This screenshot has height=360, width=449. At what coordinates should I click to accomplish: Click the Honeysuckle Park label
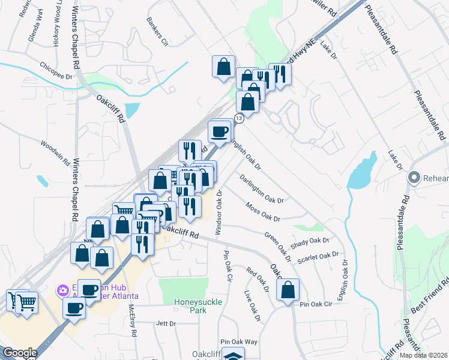190,306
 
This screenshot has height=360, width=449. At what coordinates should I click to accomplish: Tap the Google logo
20,353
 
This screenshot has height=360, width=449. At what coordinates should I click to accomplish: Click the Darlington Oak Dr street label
261,188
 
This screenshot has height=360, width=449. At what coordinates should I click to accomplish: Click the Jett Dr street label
165,323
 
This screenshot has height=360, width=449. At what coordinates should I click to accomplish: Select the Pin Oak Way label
238,341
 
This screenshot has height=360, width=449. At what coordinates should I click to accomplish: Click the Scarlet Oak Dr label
318,256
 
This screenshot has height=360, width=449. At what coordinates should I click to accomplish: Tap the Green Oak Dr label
277,246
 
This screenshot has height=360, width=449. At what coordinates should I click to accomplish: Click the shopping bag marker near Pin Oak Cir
288,290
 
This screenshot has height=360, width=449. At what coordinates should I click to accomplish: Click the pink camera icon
63,291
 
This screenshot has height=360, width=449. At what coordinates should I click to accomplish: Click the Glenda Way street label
35,27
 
